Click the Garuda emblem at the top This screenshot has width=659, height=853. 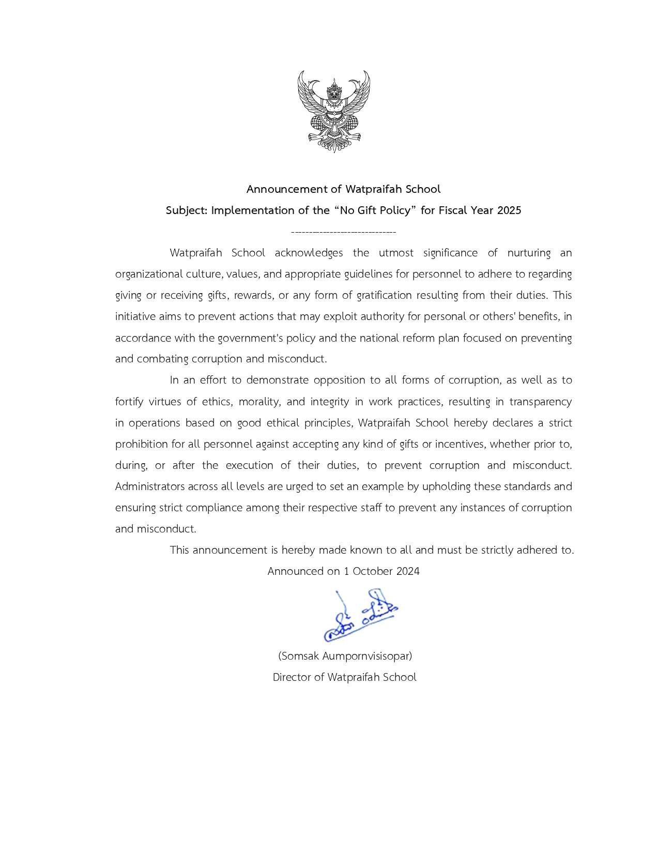click(334, 111)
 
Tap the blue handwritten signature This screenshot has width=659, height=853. click(360, 615)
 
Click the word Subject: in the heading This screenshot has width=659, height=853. click(187, 210)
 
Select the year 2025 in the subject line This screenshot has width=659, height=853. click(509, 210)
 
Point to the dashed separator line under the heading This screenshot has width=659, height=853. click(344, 232)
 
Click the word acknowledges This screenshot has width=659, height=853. click(309, 253)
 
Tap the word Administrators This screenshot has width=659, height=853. click(150, 486)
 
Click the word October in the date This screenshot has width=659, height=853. click(373, 571)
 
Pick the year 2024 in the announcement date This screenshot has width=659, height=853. click(408, 571)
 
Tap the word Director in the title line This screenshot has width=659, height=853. click(292, 677)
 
